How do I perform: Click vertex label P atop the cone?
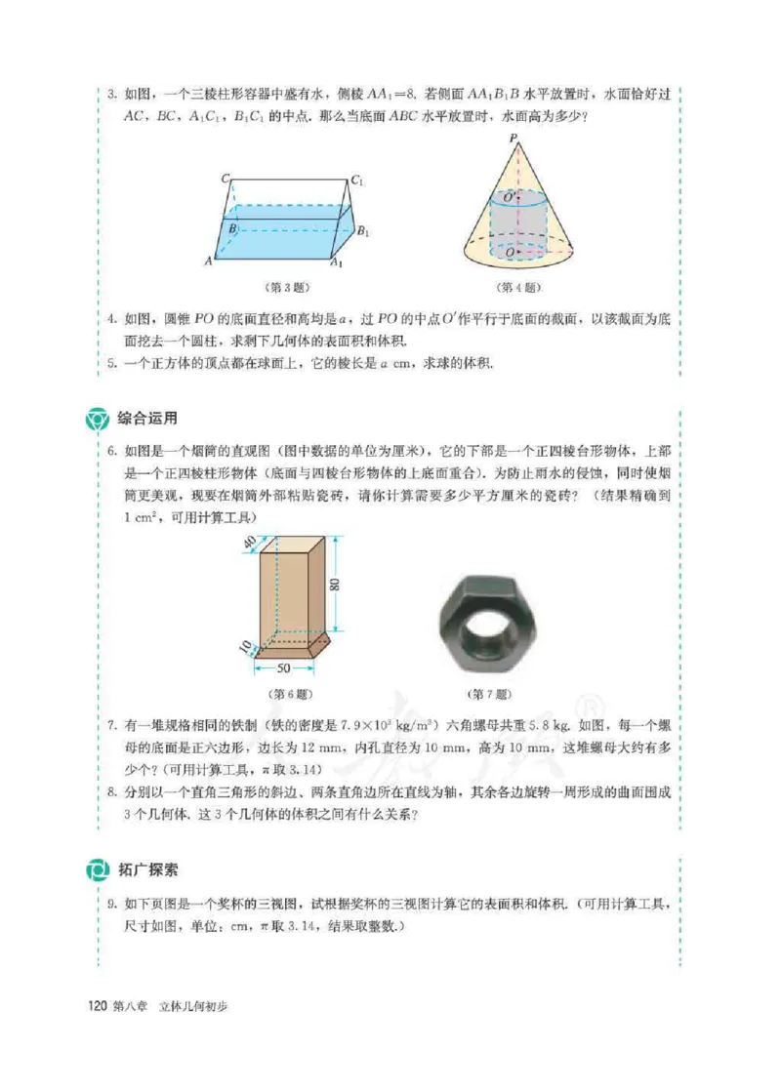pyautogui.click(x=513, y=140)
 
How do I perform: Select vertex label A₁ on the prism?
pyautogui.click(x=337, y=263)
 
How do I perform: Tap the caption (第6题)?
pyautogui.click(x=291, y=695)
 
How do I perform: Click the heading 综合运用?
pyautogui.click(x=146, y=419)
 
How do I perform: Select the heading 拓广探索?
pyautogui.click(x=146, y=869)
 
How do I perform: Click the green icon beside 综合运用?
pyautogui.click(x=99, y=420)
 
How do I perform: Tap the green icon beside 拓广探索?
pyautogui.click(x=99, y=869)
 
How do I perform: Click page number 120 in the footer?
pyautogui.click(x=97, y=1006)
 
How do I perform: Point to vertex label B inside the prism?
pyautogui.click(x=231, y=229)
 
